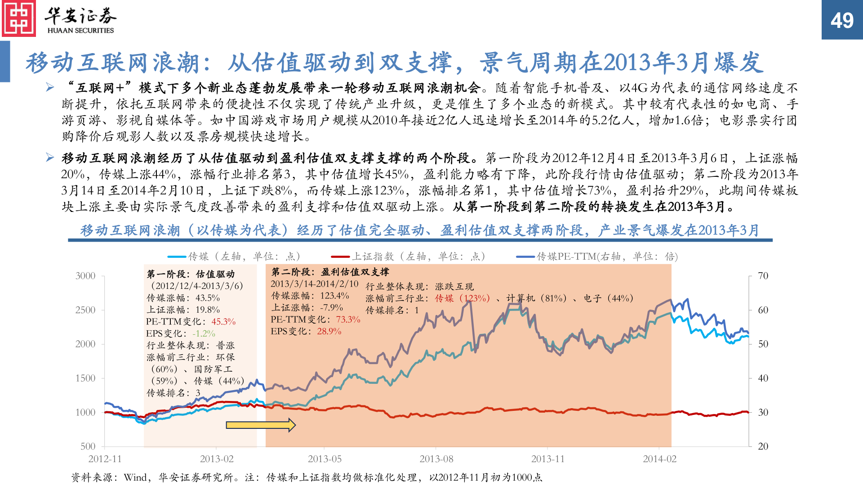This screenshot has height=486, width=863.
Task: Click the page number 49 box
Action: coord(842,20)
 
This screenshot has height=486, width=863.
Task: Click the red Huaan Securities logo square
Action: coord(19,18)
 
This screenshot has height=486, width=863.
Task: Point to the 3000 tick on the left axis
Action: coord(85,276)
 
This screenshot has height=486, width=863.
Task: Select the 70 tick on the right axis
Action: coord(763,276)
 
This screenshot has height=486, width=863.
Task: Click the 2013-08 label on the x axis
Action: coord(436,459)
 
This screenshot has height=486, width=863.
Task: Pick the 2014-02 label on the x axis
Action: coord(659,459)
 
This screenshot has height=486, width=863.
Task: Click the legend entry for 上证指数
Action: coord(408,256)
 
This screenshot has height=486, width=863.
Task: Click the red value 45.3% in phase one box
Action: coord(223,322)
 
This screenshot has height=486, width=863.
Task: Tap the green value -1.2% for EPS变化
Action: coord(204,333)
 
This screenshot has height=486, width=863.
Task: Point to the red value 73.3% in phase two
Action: coord(348,319)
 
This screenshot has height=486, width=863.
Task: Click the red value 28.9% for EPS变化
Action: coord(329,331)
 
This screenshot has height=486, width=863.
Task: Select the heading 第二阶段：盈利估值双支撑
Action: coord(330,272)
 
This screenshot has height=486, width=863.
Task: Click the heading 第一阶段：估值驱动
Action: coord(191,274)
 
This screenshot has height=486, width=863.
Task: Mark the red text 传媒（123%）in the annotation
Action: coord(462,298)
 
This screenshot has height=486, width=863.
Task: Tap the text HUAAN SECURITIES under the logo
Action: coord(80,31)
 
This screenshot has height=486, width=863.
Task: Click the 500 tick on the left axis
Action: coord(88,446)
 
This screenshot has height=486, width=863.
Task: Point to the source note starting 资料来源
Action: coord(306,477)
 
